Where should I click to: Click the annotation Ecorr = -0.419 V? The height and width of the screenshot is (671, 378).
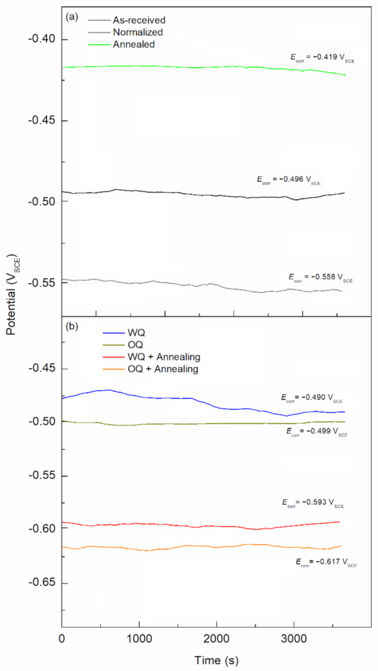click(322, 57)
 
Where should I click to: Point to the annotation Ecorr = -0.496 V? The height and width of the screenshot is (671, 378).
click(288, 179)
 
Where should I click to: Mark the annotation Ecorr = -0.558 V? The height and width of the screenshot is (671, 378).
click(320, 277)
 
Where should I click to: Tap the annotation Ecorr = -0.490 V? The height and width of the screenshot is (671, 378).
click(312, 397)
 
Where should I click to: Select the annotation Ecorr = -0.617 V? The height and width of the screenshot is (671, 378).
click(326, 562)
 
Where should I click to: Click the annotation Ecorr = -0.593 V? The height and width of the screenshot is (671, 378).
click(312, 502)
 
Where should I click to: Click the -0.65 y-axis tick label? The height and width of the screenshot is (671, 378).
click(42, 582)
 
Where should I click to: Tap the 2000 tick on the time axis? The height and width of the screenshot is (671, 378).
click(216, 639)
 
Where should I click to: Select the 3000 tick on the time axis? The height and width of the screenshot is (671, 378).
click(294, 639)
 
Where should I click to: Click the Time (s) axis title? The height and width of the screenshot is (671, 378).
click(216, 660)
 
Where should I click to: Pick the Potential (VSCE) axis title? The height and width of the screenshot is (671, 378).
click(12, 295)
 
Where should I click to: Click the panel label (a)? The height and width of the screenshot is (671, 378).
click(72, 17)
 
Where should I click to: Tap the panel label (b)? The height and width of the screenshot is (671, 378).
click(72, 326)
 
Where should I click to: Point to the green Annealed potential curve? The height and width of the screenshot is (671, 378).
click(180, 67)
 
